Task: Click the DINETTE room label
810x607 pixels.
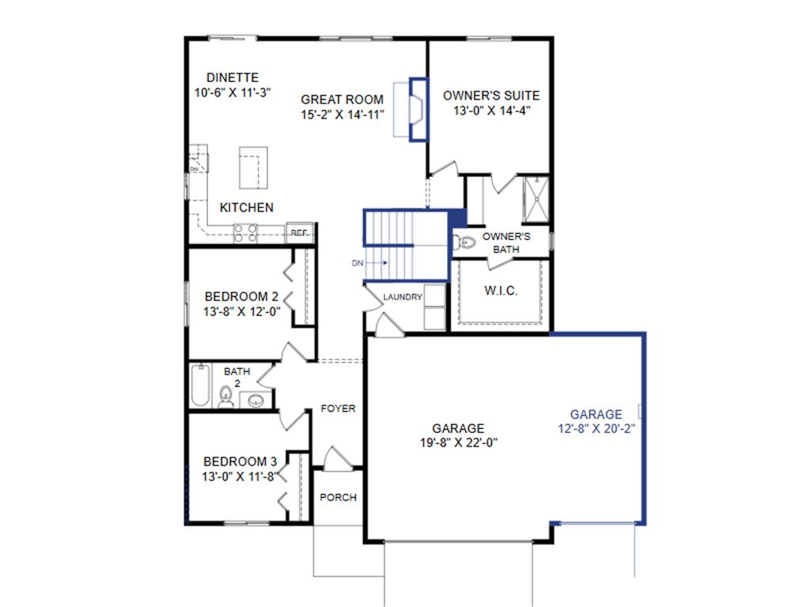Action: pos(233,77)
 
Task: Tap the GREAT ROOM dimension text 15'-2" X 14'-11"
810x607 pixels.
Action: pos(343,115)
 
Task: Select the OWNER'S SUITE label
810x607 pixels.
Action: pos(491,96)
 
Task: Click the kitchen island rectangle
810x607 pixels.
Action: pos(253,167)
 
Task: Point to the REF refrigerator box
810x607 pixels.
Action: pos(299,232)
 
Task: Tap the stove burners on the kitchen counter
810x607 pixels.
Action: pos(245,232)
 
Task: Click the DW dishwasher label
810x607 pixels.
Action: pos(194,168)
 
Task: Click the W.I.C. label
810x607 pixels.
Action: pos(502,291)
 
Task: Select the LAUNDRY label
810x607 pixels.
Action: pos(403,297)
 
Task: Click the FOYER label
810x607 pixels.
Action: pos(338,409)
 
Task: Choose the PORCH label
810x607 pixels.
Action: pos(338,497)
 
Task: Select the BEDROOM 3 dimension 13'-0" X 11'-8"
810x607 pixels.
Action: pos(240,477)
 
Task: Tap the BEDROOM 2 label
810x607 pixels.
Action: pos(241,296)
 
